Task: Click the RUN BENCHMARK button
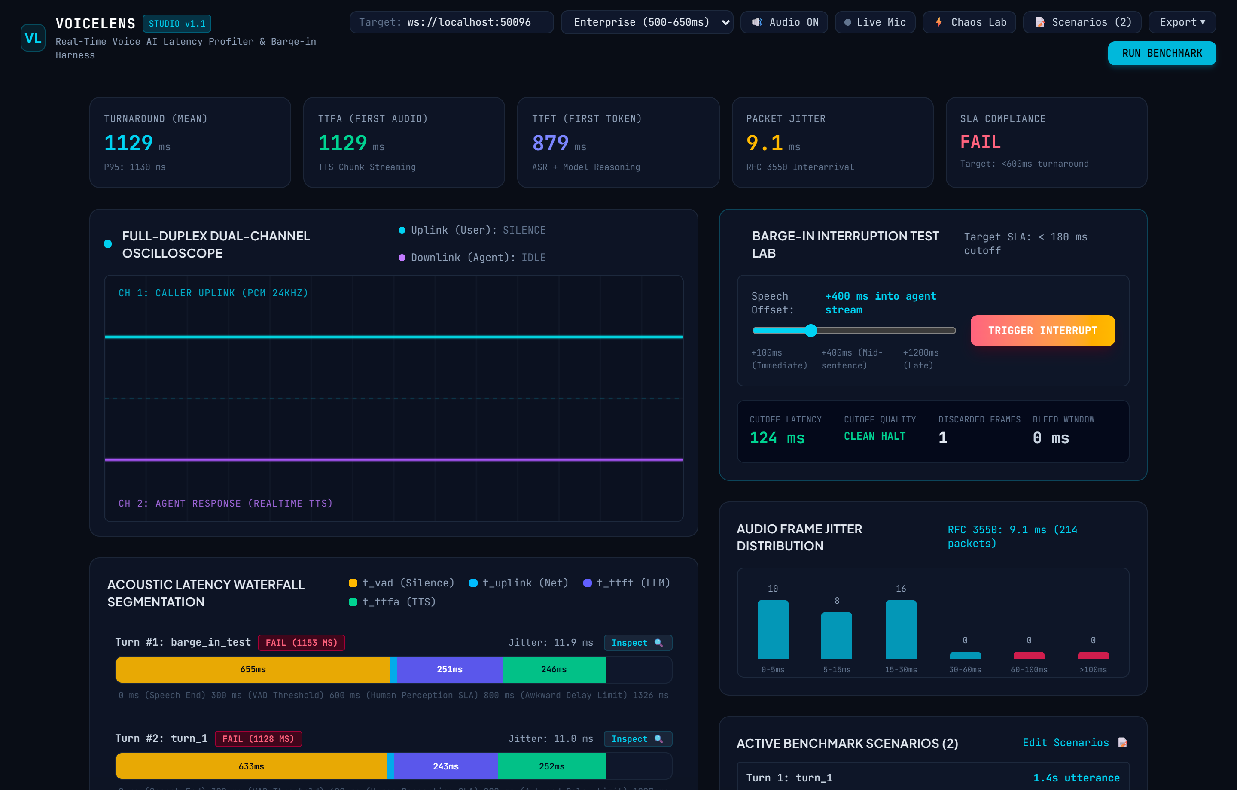coord(1161,53)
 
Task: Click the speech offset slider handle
coord(810,330)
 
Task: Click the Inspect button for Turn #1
coord(638,643)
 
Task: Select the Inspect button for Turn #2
coord(638,738)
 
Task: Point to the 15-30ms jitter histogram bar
coord(901,629)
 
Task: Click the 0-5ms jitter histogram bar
coord(773,629)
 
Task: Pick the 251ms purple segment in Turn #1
coord(450,669)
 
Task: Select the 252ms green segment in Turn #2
coord(552,766)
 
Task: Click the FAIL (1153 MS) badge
coord(302,643)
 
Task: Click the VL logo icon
coord(33,37)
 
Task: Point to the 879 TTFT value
coord(550,143)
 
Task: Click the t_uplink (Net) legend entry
coord(519,583)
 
